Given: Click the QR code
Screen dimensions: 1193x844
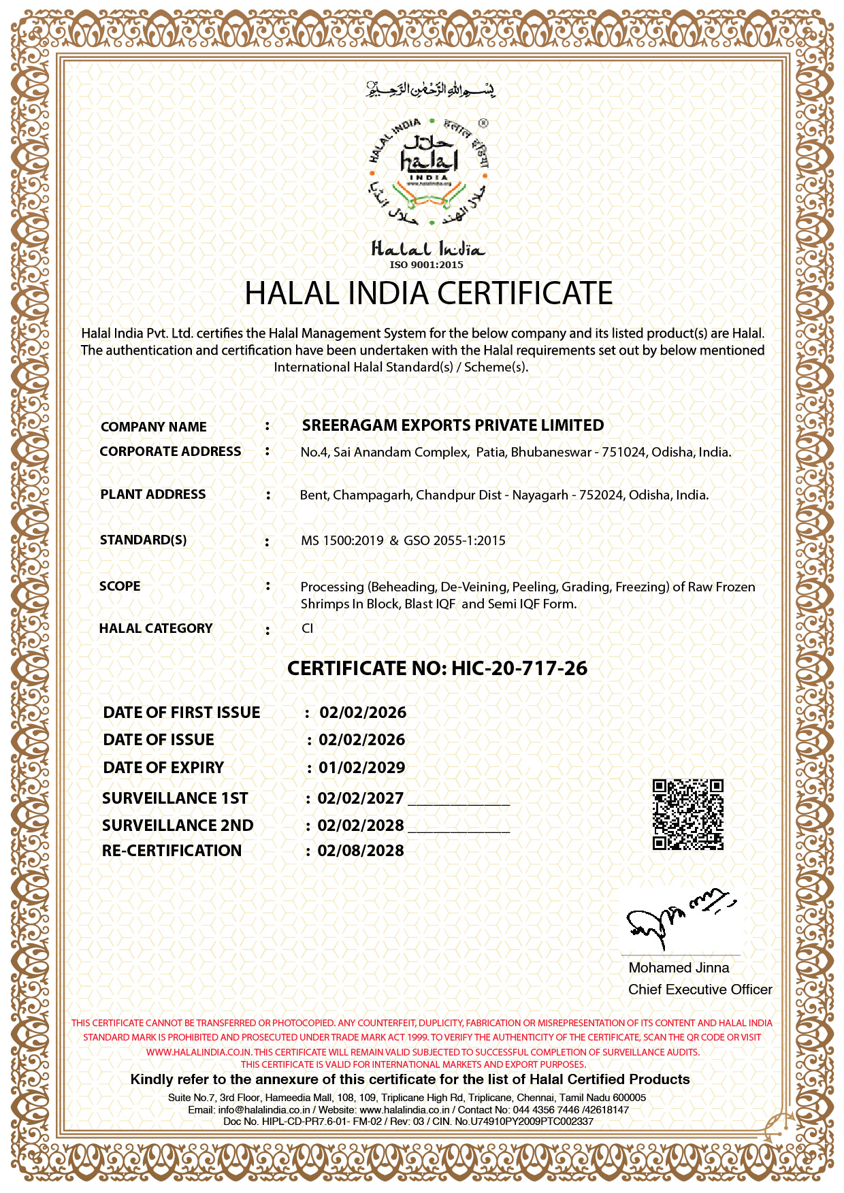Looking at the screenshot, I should click(x=687, y=815).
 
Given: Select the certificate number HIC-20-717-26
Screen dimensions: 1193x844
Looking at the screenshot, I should click(x=519, y=668).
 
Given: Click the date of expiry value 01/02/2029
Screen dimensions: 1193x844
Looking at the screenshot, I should click(x=362, y=768).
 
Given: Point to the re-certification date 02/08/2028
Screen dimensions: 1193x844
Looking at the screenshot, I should click(x=361, y=851).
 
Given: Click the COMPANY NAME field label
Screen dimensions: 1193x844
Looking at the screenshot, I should click(x=154, y=427).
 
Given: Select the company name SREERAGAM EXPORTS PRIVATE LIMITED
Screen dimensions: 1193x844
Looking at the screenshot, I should click(x=453, y=425).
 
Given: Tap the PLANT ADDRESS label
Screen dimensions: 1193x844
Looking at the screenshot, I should click(x=153, y=495).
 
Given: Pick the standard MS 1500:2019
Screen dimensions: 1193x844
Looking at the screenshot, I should click(x=342, y=540).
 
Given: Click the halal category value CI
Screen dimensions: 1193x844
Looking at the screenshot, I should click(x=308, y=628).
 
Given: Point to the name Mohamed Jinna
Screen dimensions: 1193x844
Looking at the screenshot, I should click(x=679, y=968).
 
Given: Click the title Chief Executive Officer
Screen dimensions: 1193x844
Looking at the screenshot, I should click(x=700, y=990).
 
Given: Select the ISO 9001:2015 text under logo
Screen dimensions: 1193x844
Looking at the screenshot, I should click(x=426, y=265).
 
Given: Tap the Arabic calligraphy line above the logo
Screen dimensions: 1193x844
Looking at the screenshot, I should click(x=430, y=90).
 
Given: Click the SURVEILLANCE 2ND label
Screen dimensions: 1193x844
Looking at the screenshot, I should click(x=178, y=826).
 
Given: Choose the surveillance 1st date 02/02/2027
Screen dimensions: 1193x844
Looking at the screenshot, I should click(x=361, y=798).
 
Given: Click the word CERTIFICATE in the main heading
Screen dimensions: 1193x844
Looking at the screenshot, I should click(x=524, y=293).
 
